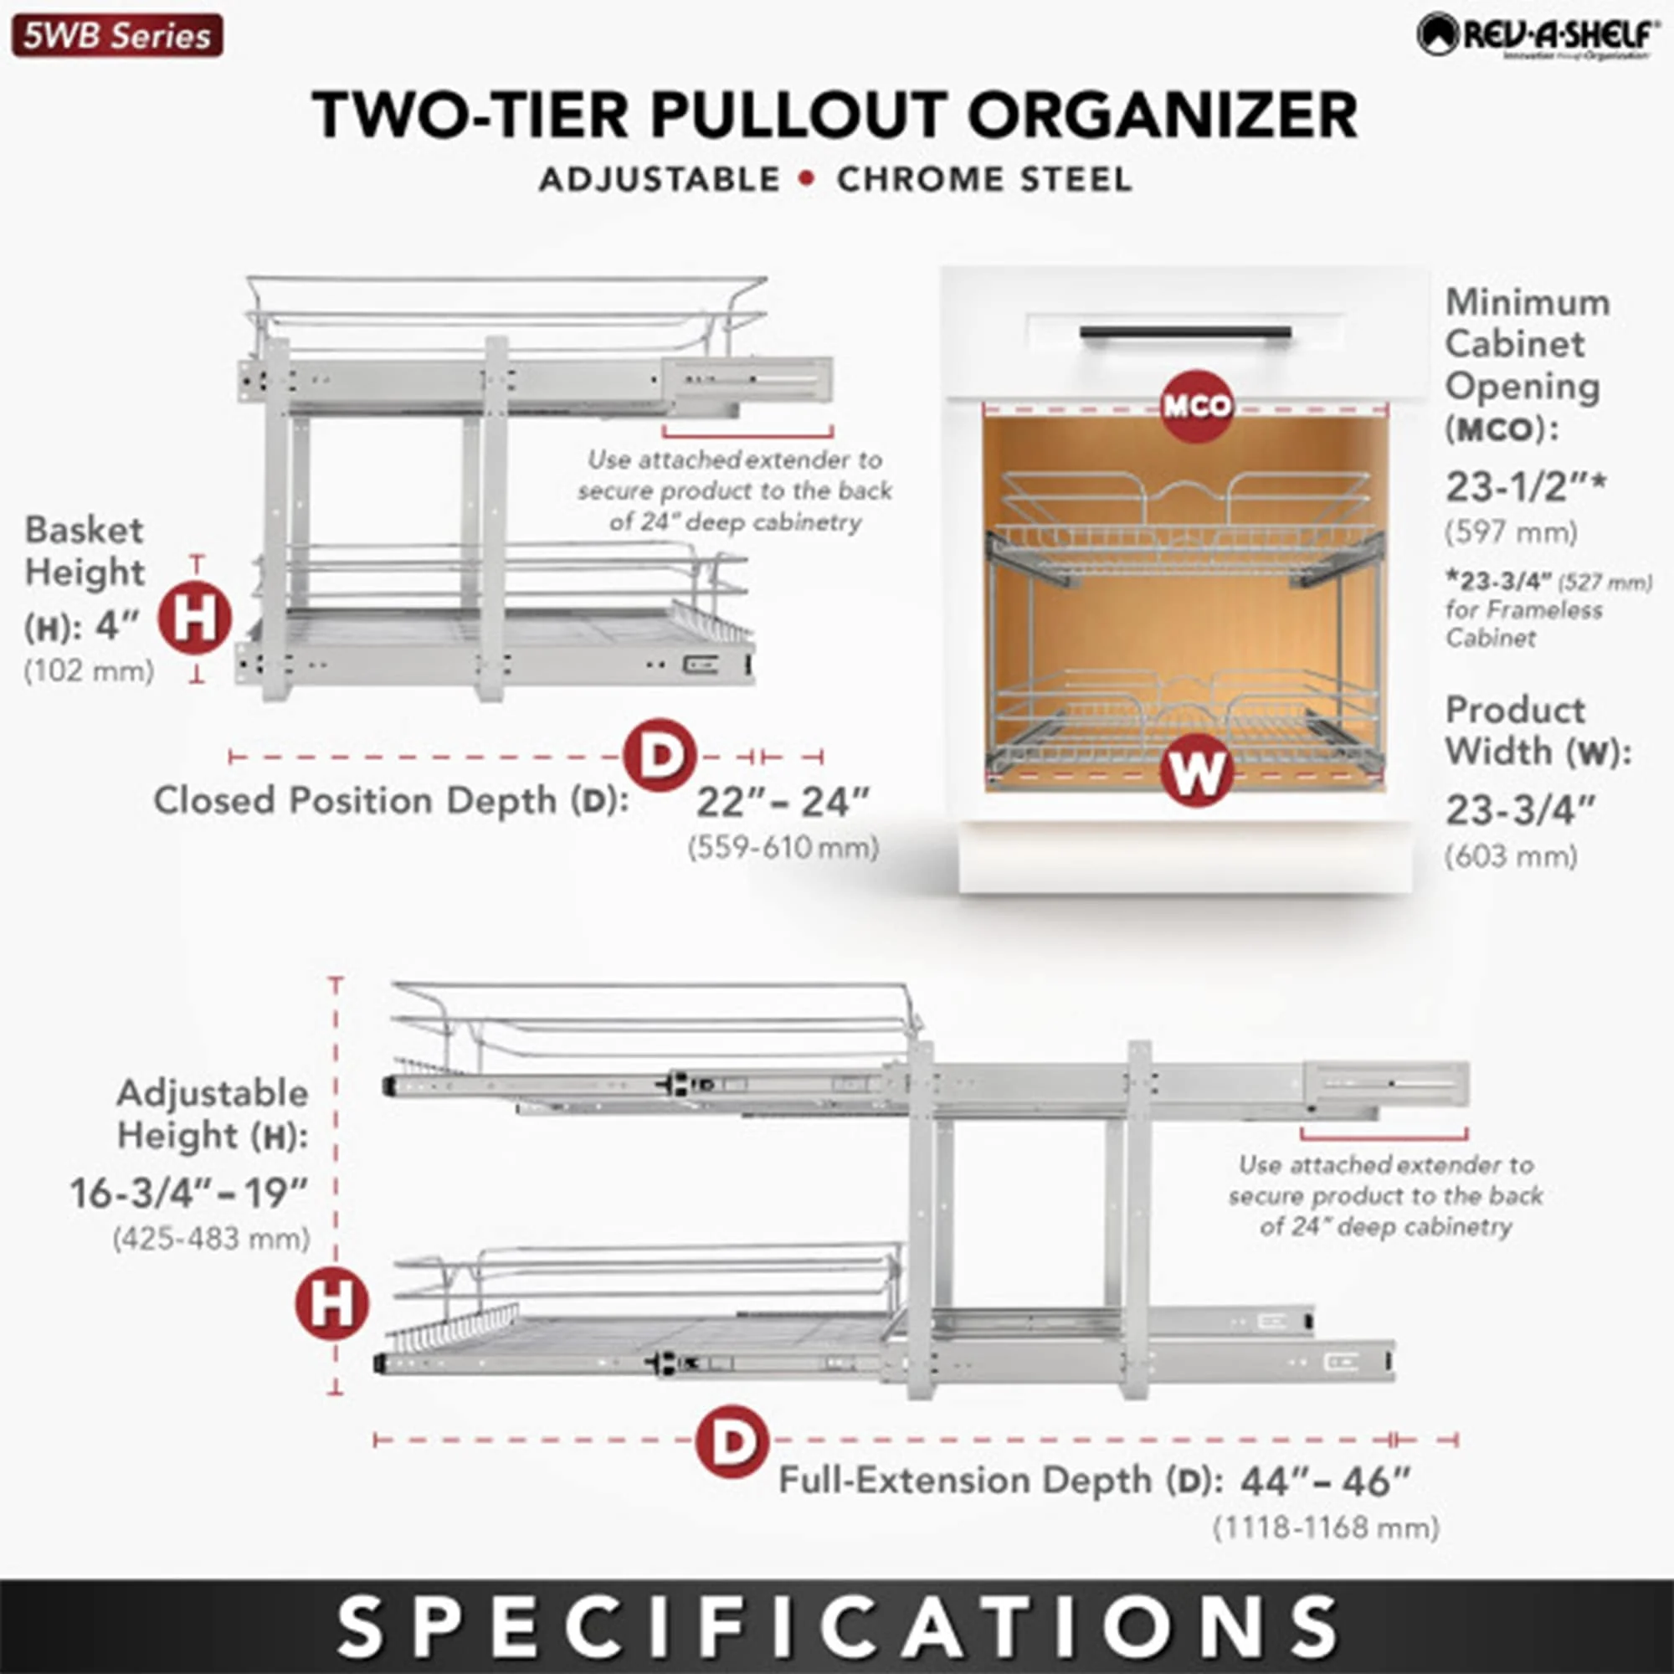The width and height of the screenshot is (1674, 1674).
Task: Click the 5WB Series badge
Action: [x=117, y=36]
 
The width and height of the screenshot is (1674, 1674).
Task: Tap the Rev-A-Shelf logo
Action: [x=1533, y=35]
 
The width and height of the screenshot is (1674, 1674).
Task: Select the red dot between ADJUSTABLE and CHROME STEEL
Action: [x=808, y=179]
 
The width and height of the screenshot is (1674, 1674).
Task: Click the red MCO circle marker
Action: [x=1197, y=405]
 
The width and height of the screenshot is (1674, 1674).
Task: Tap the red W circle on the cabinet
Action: [x=1197, y=770]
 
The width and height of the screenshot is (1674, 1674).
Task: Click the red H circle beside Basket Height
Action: [x=195, y=619]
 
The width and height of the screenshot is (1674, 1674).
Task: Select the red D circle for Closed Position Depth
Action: [x=660, y=755]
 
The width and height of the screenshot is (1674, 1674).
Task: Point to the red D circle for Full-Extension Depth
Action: [x=733, y=1441]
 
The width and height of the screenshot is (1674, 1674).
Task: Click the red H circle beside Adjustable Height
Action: [x=331, y=1302]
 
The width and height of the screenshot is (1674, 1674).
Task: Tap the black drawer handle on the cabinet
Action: [x=1185, y=334]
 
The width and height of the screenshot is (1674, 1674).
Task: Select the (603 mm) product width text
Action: [x=1510, y=857]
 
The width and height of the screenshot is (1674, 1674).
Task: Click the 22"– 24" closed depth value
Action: [x=782, y=803]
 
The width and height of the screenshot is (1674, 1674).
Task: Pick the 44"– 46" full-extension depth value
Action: [x=1325, y=1481]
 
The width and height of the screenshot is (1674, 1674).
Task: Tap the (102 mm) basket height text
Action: [x=90, y=671]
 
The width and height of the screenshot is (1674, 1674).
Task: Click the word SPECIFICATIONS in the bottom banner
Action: [x=837, y=1626]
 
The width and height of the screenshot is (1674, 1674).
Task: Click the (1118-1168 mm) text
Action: [x=1325, y=1528]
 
